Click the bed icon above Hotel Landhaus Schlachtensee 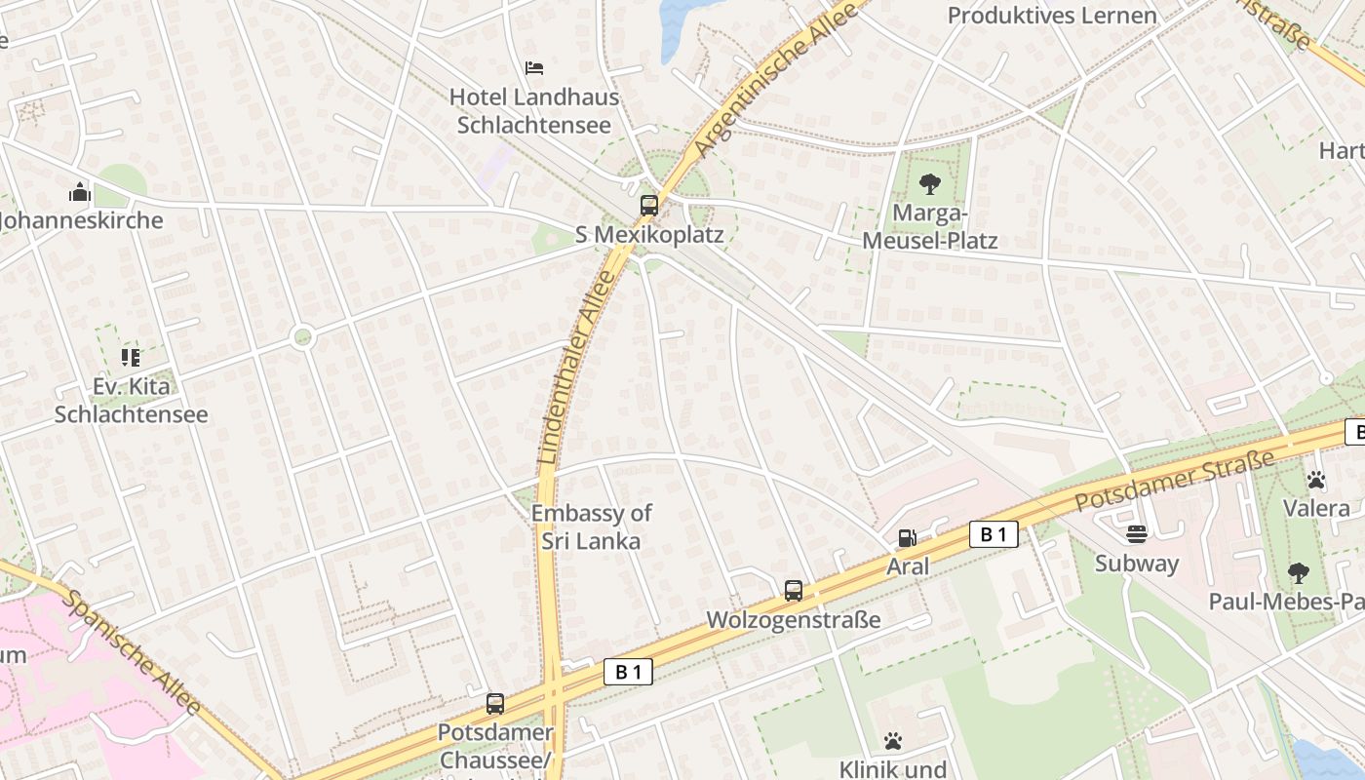pos(533,68)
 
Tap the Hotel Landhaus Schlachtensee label pos(534,111)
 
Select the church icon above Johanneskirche pos(80,192)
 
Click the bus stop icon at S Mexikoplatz pos(649,205)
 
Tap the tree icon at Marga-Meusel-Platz pos(929,183)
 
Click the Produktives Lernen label pos(1052,16)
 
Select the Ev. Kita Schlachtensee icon pos(131,358)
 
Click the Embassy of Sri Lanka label pos(591,526)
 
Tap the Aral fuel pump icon pos(907,537)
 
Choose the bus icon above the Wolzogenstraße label pos(794,590)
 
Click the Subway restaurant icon pos(1137,533)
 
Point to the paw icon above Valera pos(1316,479)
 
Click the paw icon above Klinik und pos(893,741)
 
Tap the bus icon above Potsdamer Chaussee pos(495,703)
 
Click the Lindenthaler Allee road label pos(577,367)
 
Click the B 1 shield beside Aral pos(994,533)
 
